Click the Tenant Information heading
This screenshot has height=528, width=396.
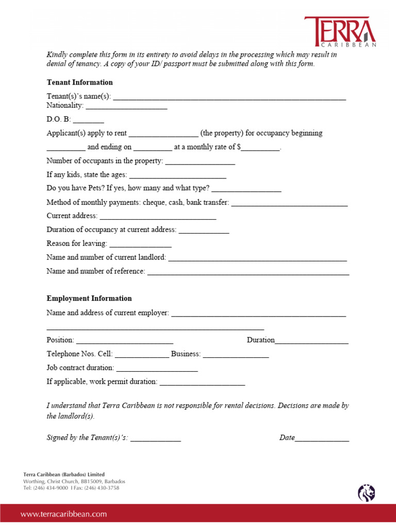(x=79, y=82)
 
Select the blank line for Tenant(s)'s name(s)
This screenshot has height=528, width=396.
(x=229, y=97)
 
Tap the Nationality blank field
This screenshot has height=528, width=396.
(x=126, y=107)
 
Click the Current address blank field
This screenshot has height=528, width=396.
(x=157, y=218)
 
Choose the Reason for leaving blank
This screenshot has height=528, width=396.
(x=140, y=245)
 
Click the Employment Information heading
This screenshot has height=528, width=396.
(x=89, y=299)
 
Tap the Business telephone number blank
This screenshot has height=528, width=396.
(x=236, y=356)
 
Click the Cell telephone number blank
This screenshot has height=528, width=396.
(x=141, y=356)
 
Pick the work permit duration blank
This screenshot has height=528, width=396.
(x=202, y=384)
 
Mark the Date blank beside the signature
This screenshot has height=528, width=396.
(x=322, y=440)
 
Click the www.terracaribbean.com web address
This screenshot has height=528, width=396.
(x=64, y=514)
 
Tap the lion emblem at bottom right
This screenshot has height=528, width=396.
(x=366, y=493)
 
